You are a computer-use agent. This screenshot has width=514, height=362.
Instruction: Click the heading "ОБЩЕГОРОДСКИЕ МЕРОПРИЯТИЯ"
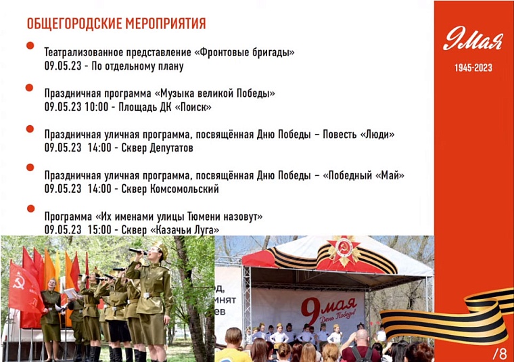point(116,24)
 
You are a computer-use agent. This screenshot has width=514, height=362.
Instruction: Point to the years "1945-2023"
point(473,68)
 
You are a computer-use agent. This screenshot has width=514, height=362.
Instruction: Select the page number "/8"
point(500,353)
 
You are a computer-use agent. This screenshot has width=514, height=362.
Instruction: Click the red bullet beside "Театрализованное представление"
point(30,45)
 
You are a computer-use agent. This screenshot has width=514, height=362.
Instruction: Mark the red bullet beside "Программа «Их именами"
point(30,209)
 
